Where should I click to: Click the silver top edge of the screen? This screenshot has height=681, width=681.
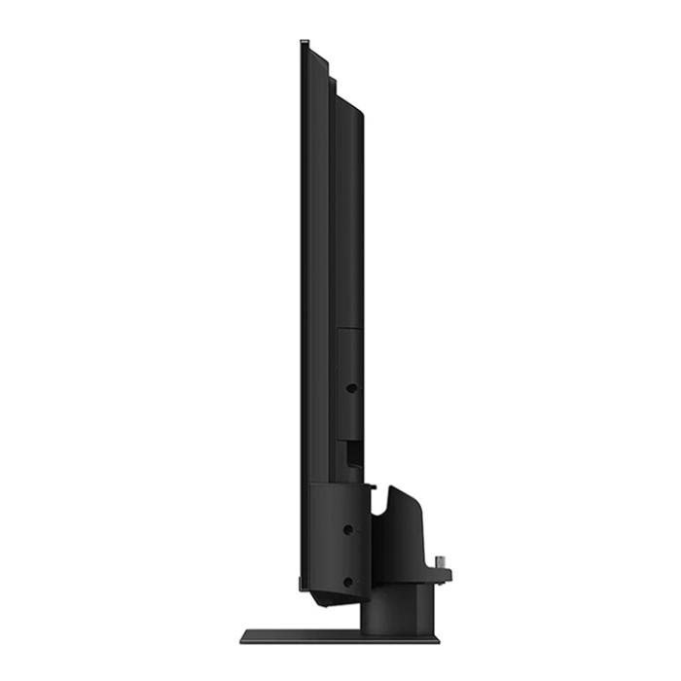pyautogui.click(x=305, y=42)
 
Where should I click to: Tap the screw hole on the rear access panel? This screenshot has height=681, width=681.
pyautogui.click(x=351, y=387)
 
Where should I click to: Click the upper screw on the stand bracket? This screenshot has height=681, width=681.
pyautogui.click(x=348, y=530)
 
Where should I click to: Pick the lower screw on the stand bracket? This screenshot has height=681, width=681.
pyautogui.click(x=348, y=582)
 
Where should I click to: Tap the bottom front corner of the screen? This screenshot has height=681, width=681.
pyautogui.click(x=303, y=588)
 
